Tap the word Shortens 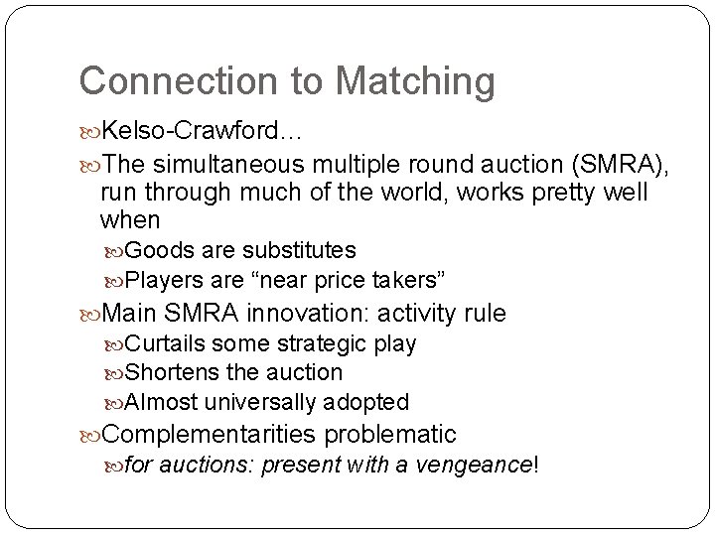(x=168, y=372)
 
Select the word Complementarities (x=210, y=434)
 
